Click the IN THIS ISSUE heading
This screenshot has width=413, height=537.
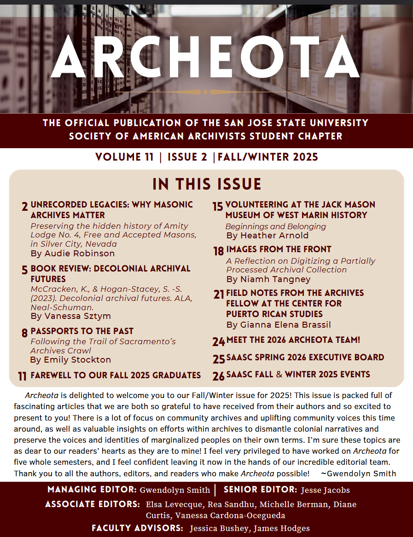(207, 184)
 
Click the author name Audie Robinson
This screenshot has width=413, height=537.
(79, 253)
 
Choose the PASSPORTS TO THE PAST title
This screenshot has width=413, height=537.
(82, 331)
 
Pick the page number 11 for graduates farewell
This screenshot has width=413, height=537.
(22, 376)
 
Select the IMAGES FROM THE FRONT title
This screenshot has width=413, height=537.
(279, 249)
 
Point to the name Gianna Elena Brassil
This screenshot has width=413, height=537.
(285, 325)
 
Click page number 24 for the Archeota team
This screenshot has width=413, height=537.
(218, 342)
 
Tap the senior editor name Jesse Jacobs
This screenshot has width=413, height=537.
(325, 490)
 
